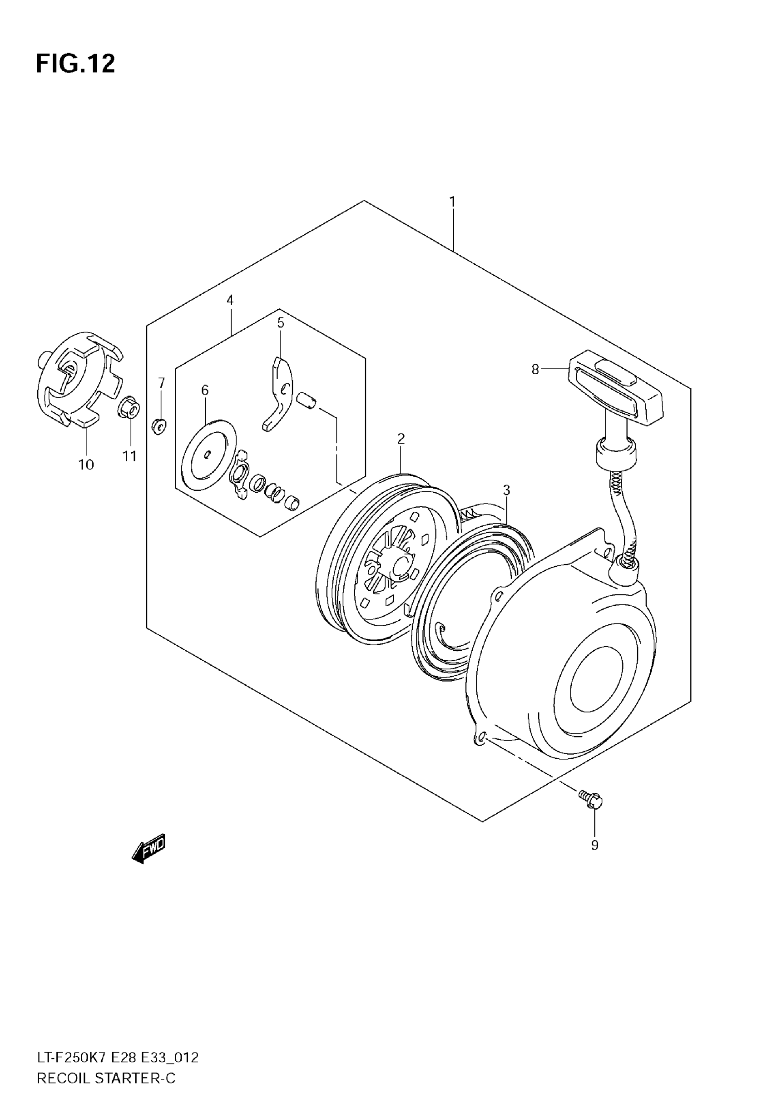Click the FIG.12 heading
(75, 64)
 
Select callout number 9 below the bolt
(594, 845)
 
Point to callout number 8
(535, 370)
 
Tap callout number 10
(86, 465)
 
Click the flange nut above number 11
(129, 407)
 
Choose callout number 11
(129, 456)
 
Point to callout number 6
(205, 390)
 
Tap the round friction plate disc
(208, 455)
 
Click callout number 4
(230, 300)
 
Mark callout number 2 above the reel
(401, 439)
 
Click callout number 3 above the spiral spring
(506, 490)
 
